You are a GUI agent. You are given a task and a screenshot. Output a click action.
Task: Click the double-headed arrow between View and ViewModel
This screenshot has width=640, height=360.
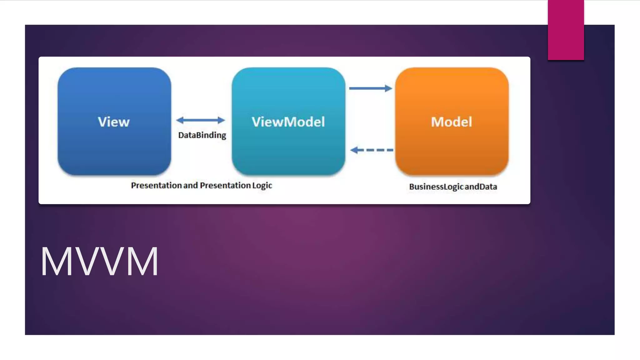tap(201, 120)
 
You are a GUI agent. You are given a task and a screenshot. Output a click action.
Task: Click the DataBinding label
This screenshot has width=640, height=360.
tap(202, 135)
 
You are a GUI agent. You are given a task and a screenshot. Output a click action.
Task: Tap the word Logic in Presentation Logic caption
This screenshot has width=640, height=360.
tap(262, 186)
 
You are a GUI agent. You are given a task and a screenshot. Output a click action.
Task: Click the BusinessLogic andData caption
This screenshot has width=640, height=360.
tap(453, 187)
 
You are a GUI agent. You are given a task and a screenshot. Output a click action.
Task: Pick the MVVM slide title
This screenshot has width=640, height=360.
tap(99, 262)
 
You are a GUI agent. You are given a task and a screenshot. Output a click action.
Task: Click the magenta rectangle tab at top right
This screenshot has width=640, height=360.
tap(566, 30)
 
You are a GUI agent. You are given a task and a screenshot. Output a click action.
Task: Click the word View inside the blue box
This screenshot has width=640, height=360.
tap(114, 122)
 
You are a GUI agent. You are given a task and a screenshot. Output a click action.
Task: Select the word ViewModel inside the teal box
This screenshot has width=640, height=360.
tap(288, 122)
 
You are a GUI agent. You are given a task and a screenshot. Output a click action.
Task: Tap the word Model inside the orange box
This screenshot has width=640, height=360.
tap(452, 122)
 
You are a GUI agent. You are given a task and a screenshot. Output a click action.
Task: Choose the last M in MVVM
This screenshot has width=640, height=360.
tap(142, 262)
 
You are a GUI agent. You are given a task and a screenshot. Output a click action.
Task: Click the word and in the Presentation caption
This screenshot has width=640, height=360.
tap(191, 186)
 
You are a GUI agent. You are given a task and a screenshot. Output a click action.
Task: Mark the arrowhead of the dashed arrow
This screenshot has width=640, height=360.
tap(354, 150)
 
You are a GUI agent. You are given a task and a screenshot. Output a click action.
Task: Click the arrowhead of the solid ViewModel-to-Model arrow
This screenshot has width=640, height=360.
tap(388, 88)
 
